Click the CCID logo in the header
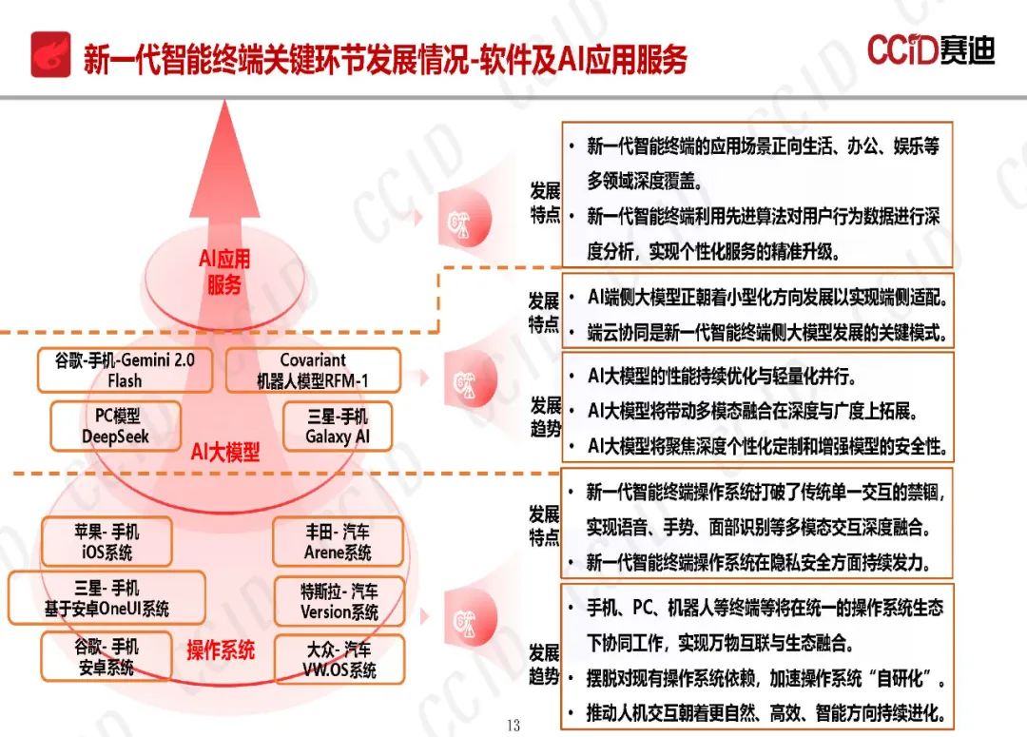click(x=930, y=49)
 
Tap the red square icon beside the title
click(x=50, y=53)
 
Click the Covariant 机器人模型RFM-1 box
click(x=313, y=371)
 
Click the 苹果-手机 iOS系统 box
click(x=106, y=542)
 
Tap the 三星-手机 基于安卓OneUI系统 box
click(x=107, y=598)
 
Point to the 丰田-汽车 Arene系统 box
click(x=338, y=542)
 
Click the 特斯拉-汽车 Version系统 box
click(x=339, y=601)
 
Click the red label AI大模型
click(x=224, y=452)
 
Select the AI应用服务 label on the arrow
click(x=224, y=272)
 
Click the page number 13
click(x=513, y=726)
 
